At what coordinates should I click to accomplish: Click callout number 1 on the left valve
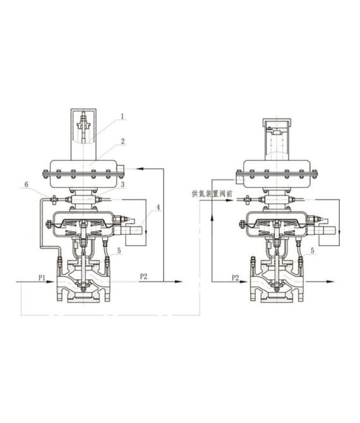coord(123,116)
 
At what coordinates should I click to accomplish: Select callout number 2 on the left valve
coord(123,142)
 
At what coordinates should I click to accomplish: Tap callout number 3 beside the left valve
coord(123,184)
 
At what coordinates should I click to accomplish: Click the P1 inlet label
coord(41,277)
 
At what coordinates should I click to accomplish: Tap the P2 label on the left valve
coord(142,277)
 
